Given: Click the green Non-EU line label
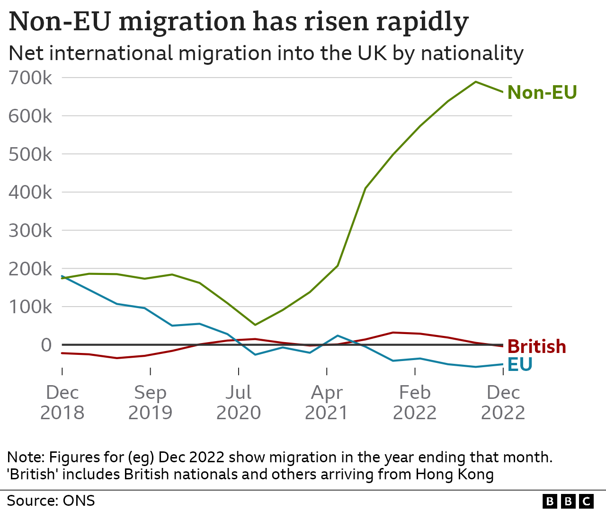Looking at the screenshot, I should (542, 92).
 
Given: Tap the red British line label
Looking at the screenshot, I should (536, 347).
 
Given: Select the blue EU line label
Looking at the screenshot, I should (520, 364).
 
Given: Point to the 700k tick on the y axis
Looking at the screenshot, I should (30, 78).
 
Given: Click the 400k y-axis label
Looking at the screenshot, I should (30, 193).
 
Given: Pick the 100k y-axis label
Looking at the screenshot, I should (30, 307).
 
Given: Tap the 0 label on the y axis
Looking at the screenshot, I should (46, 345).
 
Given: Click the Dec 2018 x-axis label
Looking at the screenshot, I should (62, 403).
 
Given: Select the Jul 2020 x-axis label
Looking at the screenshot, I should (239, 403).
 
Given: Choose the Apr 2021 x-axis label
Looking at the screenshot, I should (327, 403).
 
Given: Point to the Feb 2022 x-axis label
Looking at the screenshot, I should (415, 403).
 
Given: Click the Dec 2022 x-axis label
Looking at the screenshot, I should (503, 403).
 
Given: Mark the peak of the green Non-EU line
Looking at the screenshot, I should (476, 82).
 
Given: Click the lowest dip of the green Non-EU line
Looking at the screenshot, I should (255, 325).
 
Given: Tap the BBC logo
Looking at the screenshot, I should (568, 501).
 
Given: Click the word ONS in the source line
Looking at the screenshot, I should (79, 501).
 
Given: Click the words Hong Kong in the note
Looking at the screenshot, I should (454, 474).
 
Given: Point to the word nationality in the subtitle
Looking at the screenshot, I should (472, 53).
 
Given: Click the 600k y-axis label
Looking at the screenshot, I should (30, 116).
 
